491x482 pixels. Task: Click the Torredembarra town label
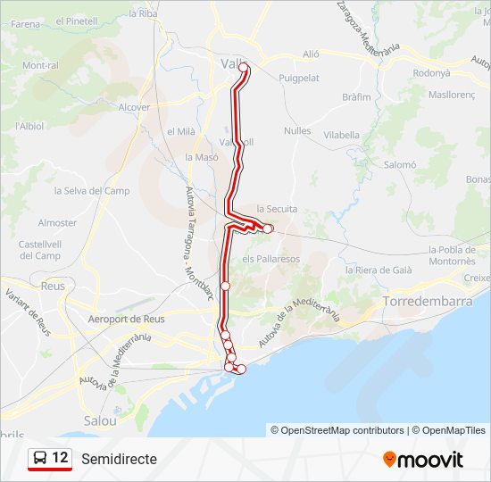point(427,302)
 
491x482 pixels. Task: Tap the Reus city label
point(54,287)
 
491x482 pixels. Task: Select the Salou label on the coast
point(100,420)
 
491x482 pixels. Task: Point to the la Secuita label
point(276,209)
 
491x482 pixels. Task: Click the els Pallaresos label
point(271,259)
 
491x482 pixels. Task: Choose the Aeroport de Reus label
point(127,319)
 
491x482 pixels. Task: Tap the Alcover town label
point(134,107)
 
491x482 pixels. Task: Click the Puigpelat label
point(299,79)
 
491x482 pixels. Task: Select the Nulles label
point(297,130)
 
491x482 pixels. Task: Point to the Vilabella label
point(342,136)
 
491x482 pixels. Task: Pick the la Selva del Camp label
point(92,191)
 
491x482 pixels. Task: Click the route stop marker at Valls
point(243,68)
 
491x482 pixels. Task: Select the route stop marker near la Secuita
point(268,229)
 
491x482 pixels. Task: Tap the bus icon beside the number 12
point(40,459)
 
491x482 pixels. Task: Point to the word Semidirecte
point(119,459)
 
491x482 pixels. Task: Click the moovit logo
point(423,460)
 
